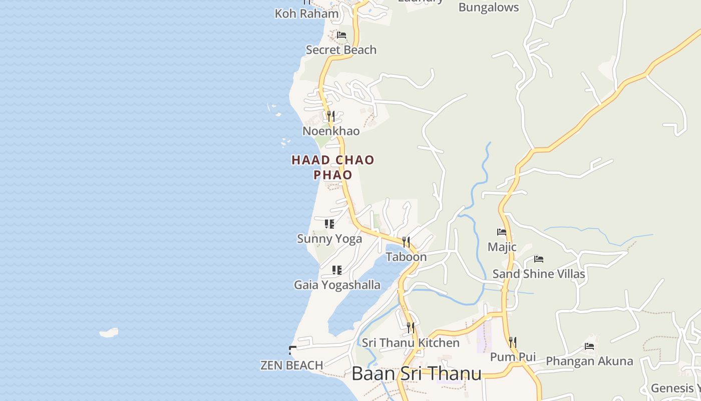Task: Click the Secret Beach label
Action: click(x=341, y=50)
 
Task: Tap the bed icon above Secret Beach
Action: click(x=341, y=35)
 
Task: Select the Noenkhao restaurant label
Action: click(x=331, y=131)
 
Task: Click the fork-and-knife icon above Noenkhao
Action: click(x=330, y=116)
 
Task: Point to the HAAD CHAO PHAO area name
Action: click(x=333, y=167)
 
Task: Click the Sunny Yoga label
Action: click(x=329, y=239)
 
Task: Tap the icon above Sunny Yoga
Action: click(x=329, y=224)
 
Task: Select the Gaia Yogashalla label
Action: click(x=337, y=285)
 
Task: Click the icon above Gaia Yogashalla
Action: click(x=337, y=270)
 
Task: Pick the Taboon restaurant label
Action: click(x=406, y=257)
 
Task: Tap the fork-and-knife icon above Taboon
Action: click(x=406, y=242)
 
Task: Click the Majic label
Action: click(x=502, y=247)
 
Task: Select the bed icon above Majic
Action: click(x=502, y=232)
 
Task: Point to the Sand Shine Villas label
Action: click(x=539, y=274)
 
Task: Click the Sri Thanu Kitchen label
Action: click(x=411, y=343)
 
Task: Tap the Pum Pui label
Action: click(x=513, y=357)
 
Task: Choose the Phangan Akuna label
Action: click(x=589, y=361)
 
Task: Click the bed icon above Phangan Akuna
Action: click(x=589, y=346)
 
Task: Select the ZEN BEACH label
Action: click(x=292, y=365)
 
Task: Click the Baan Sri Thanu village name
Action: click(x=417, y=373)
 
